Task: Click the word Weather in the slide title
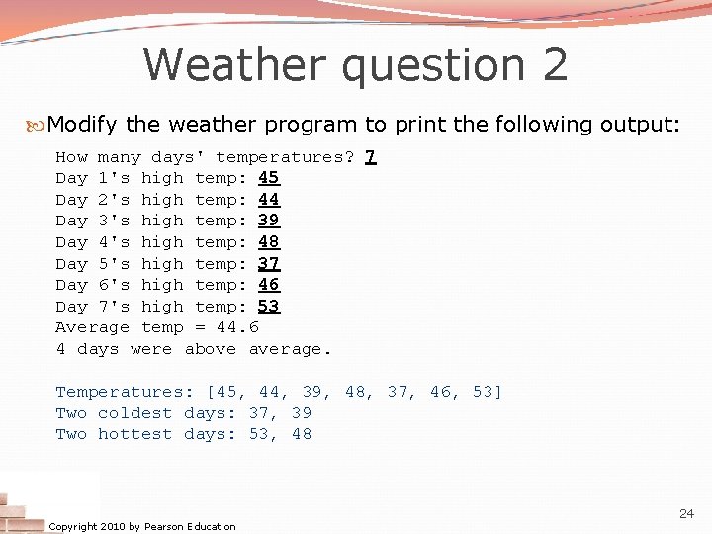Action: click(233, 65)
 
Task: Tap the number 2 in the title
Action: click(554, 65)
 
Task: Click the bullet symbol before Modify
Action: click(37, 125)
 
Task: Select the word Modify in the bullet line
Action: click(82, 125)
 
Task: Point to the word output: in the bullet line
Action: click(643, 125)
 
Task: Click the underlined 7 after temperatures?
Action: click(370, 157)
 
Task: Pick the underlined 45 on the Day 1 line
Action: click(268, 179)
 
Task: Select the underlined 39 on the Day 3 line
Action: click(268, 222)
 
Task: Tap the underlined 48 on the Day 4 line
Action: click(268, 242)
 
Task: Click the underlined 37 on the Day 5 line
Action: click(268, 264)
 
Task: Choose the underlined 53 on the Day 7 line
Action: click(268, 307)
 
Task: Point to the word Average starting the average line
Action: click(92, 327)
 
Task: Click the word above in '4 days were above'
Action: click(210, 349)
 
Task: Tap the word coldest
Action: click(134, 413)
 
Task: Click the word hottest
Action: click(134, 435)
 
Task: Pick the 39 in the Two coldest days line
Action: click(301, 413)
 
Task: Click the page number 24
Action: click(686, 514)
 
